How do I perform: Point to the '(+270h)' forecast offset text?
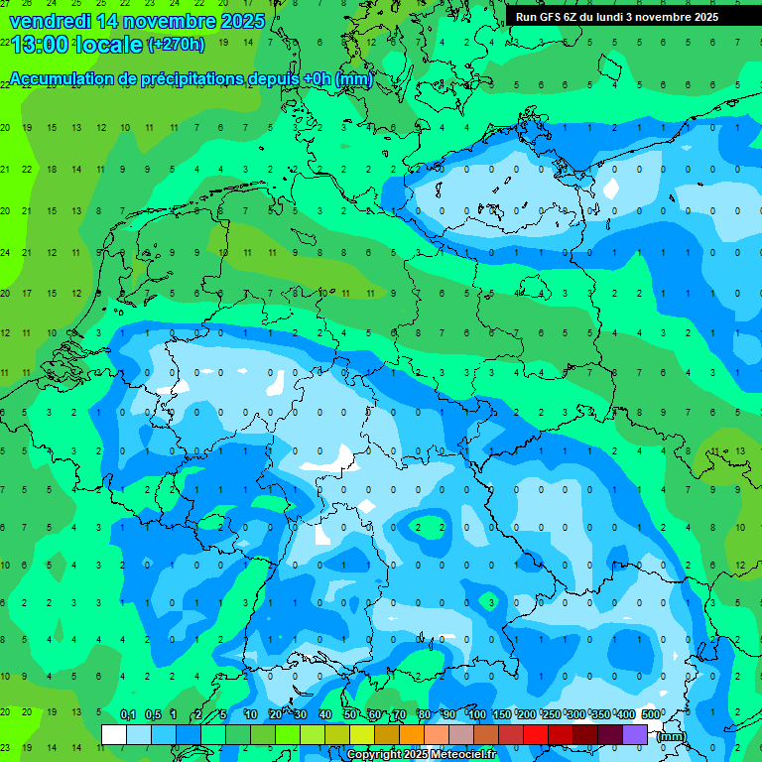[176, 45]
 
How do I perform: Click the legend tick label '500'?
[651, 714]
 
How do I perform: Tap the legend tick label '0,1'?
[127, 714]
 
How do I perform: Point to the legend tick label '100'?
[476, 714]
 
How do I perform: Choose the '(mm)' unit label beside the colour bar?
[672, 736]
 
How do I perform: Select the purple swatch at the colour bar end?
[635, 734]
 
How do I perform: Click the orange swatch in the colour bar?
[412, 734]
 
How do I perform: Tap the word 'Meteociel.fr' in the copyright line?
[462, 755]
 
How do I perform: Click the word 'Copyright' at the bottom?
[375, 755]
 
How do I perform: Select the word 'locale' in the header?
[109, 45]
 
